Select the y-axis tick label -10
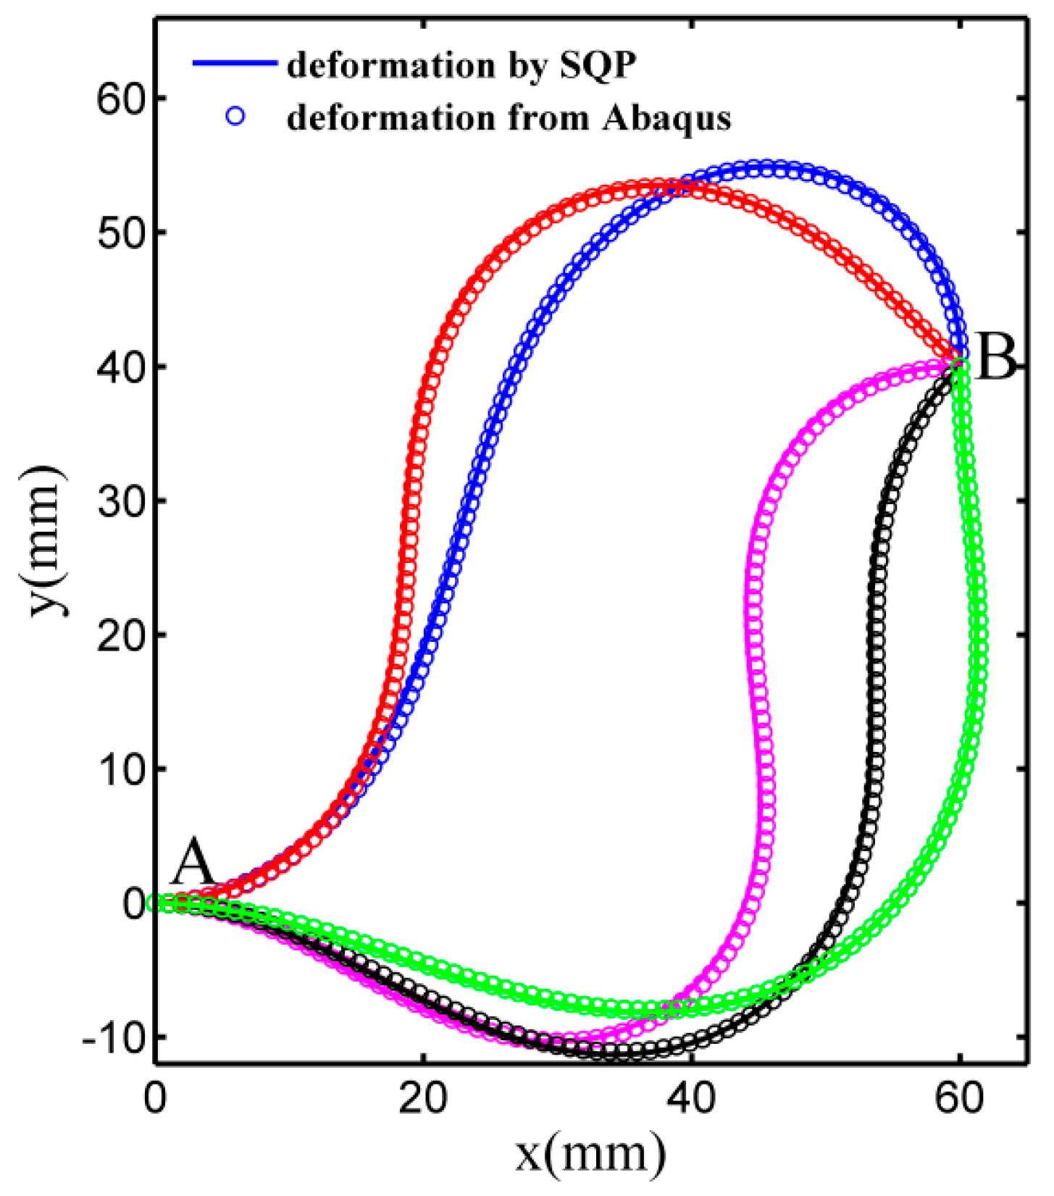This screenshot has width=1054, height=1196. click(113, 1037)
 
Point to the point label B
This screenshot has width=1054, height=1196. click(996, 360)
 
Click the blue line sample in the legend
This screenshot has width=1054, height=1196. click(235, 64)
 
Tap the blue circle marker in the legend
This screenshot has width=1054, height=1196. click(236, 117)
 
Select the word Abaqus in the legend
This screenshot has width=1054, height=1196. click(666, 118)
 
